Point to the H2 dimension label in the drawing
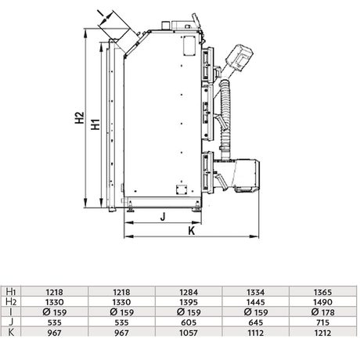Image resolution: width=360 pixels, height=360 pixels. point(80,120)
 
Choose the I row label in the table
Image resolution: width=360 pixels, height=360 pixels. point(10,311)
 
